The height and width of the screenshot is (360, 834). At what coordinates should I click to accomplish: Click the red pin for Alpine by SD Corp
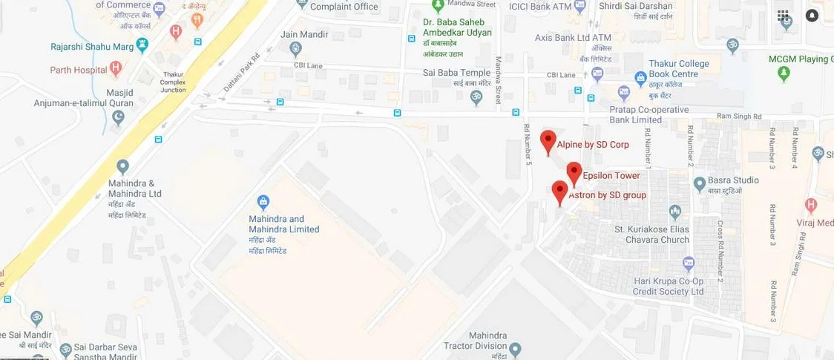pos(548,141)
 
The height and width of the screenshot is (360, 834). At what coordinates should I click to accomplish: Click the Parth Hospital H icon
pos(115,69)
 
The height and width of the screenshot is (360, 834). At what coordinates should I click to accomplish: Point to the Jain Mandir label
pos(299,35)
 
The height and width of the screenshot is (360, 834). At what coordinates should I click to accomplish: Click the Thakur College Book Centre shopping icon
pos(640,77)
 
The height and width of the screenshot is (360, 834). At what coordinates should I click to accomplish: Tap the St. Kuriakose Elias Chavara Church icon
pos(674,212)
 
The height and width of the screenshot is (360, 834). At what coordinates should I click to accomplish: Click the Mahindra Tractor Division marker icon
pos(516,348)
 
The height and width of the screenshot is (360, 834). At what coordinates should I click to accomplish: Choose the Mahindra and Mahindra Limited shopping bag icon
pos(263,201)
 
